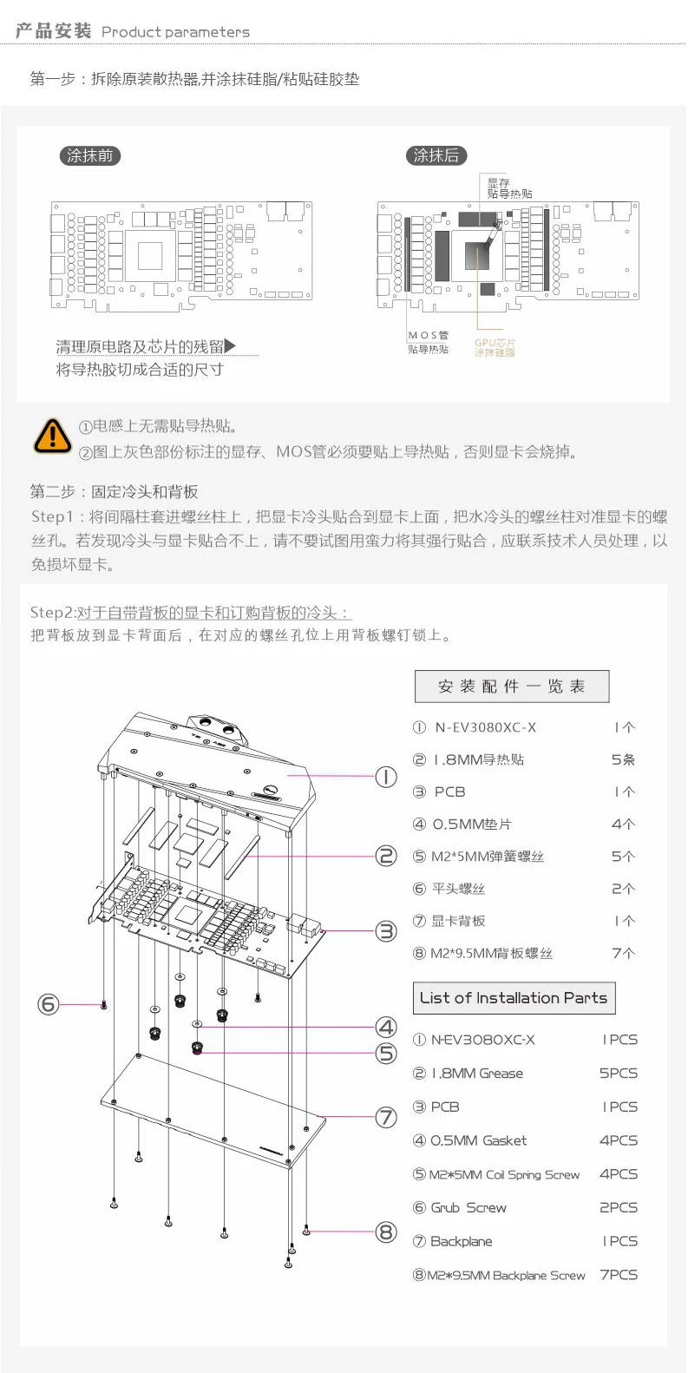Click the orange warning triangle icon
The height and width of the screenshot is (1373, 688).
[52, 436]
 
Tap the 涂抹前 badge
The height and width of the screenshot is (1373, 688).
[89, 156]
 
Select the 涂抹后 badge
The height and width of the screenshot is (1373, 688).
[436, 156]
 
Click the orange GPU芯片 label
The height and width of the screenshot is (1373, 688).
[495, 347]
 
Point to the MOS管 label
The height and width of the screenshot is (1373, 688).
[429, 336]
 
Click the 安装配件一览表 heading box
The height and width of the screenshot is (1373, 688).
[512, 686]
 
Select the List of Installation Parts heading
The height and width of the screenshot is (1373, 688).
[514, 998]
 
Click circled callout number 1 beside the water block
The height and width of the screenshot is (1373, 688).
[385, 777]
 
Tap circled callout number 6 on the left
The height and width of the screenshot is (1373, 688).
[48, 1004]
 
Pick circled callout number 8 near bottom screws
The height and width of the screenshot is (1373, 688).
[385, 1232]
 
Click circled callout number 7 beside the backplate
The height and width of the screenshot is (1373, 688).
[385, 1117]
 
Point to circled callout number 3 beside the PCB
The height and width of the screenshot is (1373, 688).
[385, 931]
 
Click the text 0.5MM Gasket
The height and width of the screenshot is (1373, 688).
[479, 1140]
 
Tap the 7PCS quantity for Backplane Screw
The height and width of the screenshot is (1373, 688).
[619, 1275]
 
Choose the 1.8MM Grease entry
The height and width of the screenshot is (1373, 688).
[477, 1074]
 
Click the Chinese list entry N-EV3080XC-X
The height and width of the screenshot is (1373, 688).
[485, 727]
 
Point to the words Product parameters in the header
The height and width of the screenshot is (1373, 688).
[175, 32]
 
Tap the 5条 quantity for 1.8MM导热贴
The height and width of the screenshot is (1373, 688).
[623, 759]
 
